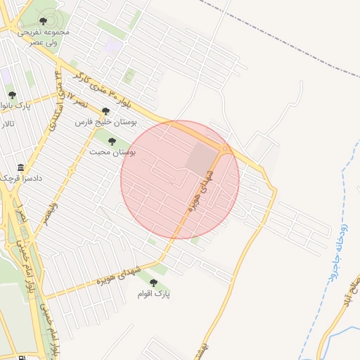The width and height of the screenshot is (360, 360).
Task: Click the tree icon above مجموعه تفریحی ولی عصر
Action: (x=44, y=22)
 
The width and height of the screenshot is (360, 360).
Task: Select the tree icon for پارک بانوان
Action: (x=11, y=95)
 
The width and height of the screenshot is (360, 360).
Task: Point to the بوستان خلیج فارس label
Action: (x=106, y=122)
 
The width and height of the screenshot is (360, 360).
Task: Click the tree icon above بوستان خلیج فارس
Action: (x=106, y=110)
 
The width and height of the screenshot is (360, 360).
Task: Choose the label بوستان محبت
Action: (x=112, y=152)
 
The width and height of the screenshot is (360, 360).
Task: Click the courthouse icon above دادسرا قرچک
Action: (x=20, y=169)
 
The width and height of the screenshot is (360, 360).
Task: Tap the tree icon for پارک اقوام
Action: (x=153, y=283)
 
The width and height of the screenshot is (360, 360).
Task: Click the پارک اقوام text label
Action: (x=154, y=294)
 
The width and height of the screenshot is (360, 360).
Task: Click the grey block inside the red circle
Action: (x=202, y=158)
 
